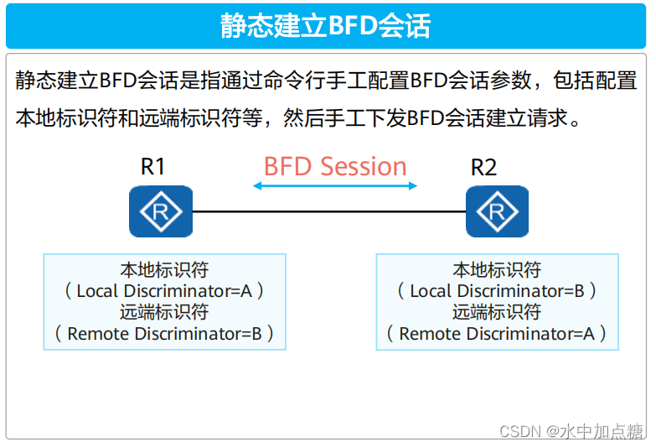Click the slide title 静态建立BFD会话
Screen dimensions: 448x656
327,25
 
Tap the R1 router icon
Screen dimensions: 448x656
161,211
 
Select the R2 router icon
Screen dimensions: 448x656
498,211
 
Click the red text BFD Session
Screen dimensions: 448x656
335,166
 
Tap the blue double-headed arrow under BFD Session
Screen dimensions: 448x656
335,185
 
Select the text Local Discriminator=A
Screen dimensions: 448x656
164,291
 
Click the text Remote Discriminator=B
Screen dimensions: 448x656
164,334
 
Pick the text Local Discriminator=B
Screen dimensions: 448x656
497,291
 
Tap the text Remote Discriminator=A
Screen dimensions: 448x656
497,334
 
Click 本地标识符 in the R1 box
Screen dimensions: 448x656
164,270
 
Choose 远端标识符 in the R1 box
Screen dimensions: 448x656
164,312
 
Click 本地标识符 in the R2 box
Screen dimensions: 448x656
497,270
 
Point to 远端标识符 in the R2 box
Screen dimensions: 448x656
497,312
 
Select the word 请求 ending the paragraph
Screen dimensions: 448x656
549,117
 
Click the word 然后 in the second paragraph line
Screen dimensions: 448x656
302,117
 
